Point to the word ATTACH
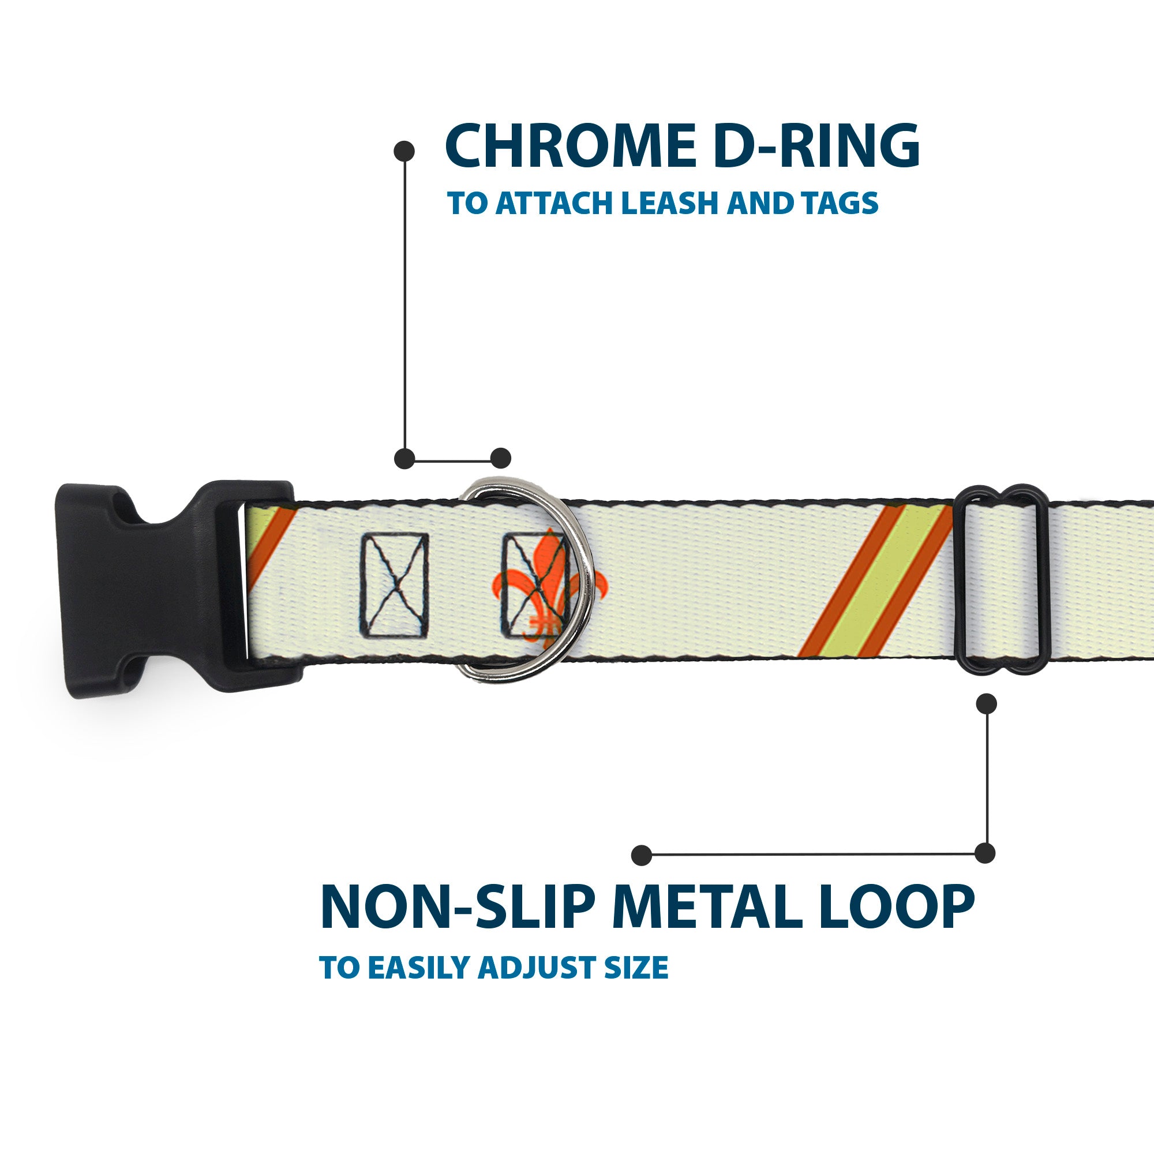pyautogui.click(x=553, y=204)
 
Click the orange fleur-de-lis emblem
pyautogui.click(x=533, y=589)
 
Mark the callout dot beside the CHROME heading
pyautogui.click(x=404, y=151)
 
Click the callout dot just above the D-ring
pyautogui.click(x=500, y=458)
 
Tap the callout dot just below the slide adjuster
pyautogui.click(x=986, y=703)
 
